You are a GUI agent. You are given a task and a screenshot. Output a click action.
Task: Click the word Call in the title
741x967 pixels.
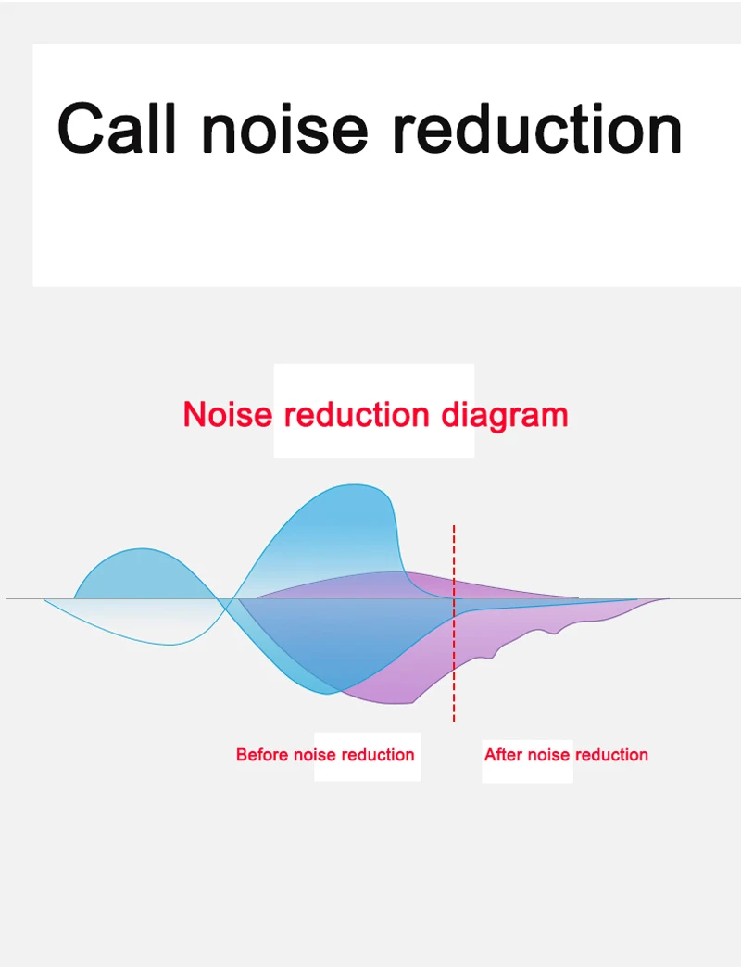point(117,128)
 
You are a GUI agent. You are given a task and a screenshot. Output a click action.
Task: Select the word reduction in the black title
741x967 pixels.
point(537,128)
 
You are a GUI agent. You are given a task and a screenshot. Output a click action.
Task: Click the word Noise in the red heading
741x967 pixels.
point(228,414)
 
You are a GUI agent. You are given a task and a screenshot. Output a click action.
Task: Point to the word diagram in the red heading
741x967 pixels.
point(504,415)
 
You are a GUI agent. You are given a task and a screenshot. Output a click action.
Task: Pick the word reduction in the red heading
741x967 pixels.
point(357,414)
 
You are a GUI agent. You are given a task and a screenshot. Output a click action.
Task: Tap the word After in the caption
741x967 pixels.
point(504,754)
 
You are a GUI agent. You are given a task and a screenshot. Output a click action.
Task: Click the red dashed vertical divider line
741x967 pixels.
point(454,623)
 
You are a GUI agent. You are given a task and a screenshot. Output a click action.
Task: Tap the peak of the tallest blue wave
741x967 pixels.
point(360,484)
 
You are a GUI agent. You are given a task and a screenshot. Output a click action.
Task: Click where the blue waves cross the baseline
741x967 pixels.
point(226,599)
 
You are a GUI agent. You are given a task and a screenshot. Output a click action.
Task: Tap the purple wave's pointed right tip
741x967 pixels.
point(669,599)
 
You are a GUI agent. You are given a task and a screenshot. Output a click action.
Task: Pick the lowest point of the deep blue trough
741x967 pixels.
point(327,694)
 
